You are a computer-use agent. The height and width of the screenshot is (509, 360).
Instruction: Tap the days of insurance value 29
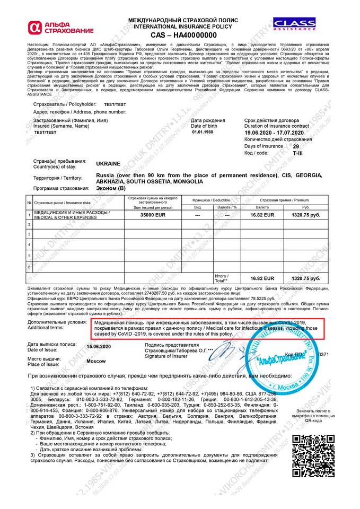[295, 145]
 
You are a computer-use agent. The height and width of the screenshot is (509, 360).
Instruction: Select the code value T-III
[298, 152]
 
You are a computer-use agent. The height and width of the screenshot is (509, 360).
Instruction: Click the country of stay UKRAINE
[108, 164]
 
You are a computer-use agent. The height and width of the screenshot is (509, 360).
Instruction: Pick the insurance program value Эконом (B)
[111, 188]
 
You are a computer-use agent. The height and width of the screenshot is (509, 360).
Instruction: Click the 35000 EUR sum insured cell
[150, 215]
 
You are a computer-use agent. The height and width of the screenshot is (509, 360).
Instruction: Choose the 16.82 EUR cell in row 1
[262, 215]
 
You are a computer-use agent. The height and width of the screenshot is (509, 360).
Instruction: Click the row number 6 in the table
[29, 266]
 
